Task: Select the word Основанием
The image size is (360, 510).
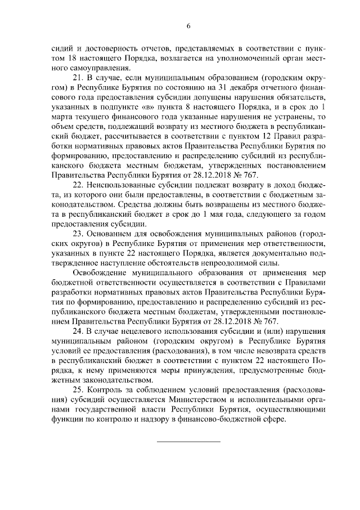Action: (113, 233)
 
